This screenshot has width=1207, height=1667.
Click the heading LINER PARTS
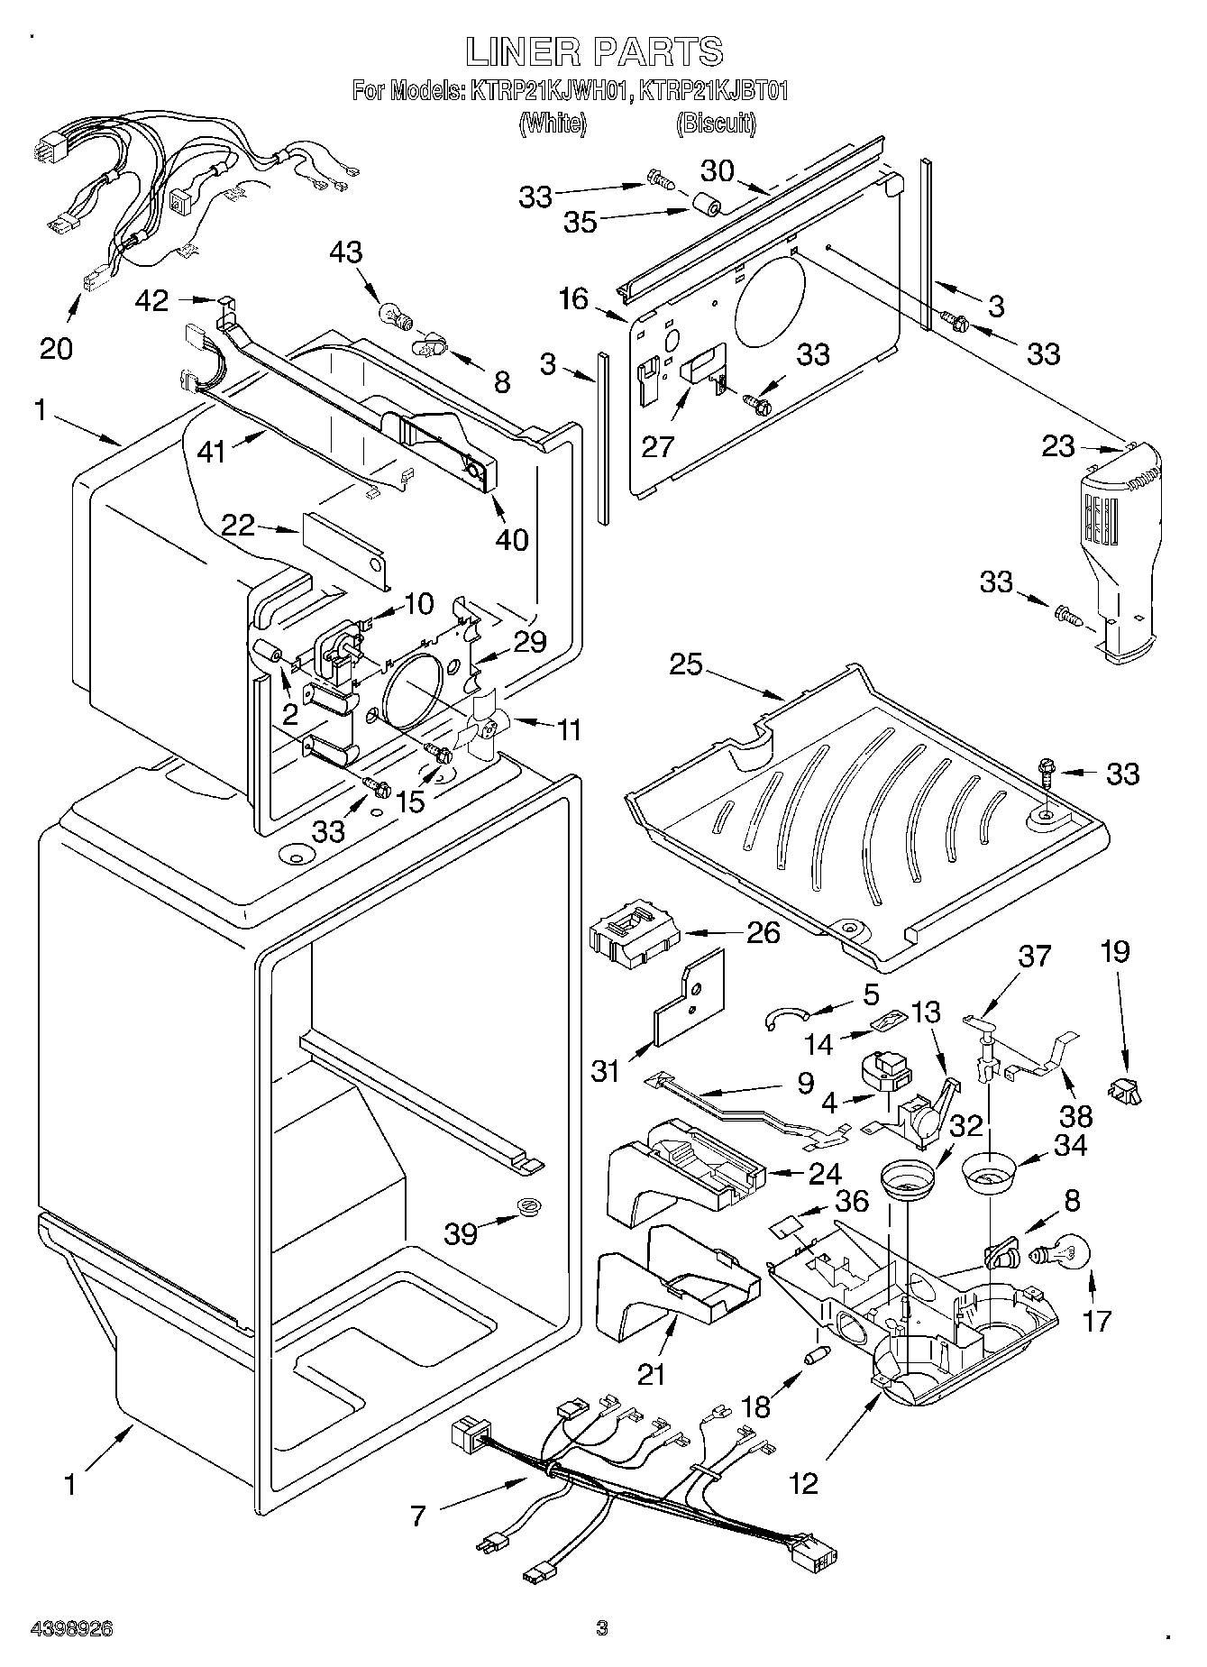click(x=594, y=51)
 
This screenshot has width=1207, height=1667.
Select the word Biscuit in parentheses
click(x=716, y=124)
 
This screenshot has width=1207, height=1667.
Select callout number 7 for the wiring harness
click(x=419, y=1516)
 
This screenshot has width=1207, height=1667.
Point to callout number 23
click(x=1058, y=446)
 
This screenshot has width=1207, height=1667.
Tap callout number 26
click(x=764, y=931)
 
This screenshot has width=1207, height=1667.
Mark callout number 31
click(x=607, y=1071)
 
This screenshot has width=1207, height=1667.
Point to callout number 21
click(x=651, y=1373)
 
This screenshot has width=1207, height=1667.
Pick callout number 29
click(x=530, y=642)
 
